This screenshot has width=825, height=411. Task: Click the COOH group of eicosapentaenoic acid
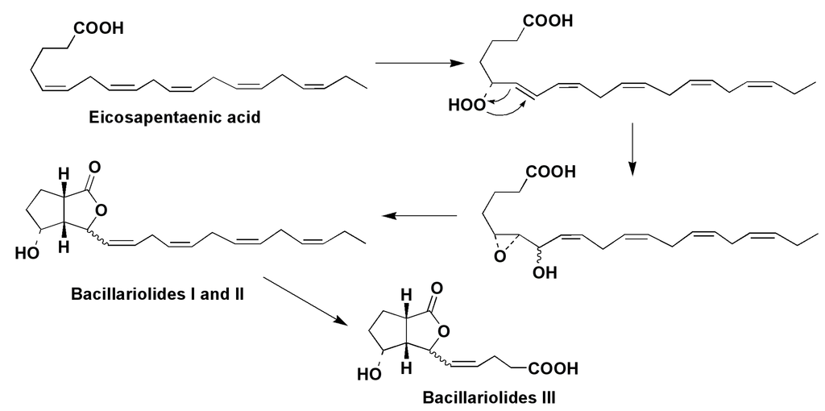tap(99, 29)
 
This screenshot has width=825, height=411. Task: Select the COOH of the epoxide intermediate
tap(550, 172)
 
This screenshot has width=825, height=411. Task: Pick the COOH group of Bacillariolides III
tap(553, 370)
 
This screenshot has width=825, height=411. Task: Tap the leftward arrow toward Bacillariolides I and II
tap(419, 215)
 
